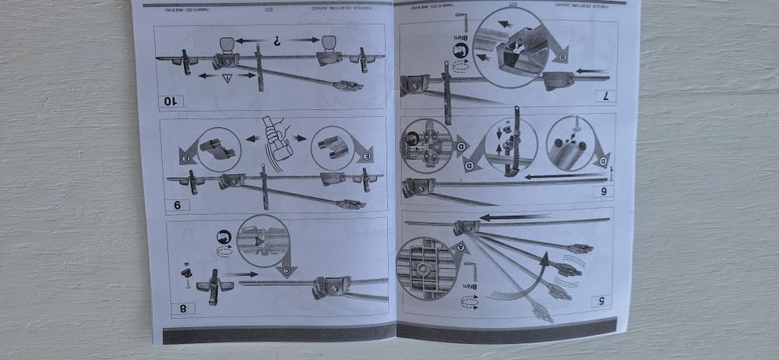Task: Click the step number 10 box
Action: click(x=171, y=101)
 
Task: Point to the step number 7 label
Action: click(x=601, y=97)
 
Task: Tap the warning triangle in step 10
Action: click(x=227, y=78)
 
